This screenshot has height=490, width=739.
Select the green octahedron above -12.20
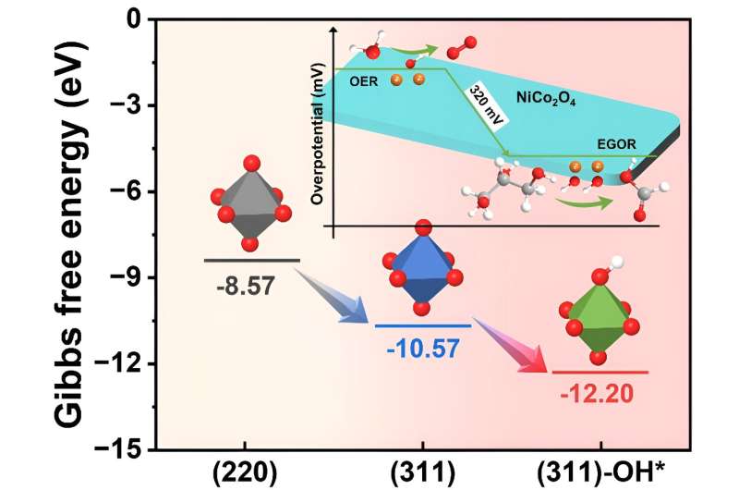pyautogui.click(x=600, y=319)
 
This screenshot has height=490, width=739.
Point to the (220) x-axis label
pyautogui.click(x=245, y=472)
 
